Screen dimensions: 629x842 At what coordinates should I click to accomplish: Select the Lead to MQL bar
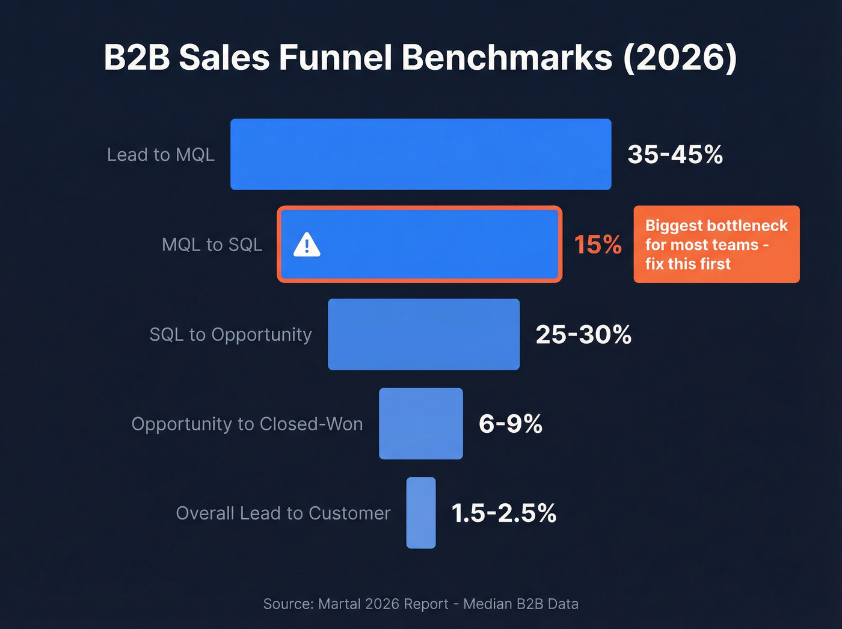tap(420, 154)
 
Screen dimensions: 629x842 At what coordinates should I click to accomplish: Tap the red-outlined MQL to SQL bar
tap(433, 244)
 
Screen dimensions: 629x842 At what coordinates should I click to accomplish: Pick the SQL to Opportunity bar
tap(423, 334)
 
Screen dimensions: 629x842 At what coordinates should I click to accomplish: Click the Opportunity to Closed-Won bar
tap(420, 423)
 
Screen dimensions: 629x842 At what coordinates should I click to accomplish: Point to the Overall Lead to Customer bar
tap(420, 513)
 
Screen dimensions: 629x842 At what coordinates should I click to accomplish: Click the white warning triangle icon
tap(307, 245)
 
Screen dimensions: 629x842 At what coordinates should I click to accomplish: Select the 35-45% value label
tap(675, 155)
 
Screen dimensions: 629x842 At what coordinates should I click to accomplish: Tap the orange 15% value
tap(597, 244)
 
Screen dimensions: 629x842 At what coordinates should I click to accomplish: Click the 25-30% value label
tap(583, 335)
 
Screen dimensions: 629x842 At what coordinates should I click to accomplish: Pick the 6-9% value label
tap(510, 424)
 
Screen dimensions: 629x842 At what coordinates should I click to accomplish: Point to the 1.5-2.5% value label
tap(503, 513)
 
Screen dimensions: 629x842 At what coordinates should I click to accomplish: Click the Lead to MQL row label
tap(161, 155)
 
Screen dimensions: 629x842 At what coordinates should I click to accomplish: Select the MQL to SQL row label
tap(212, 244)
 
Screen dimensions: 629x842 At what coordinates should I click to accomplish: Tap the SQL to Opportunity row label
tap(230, 335)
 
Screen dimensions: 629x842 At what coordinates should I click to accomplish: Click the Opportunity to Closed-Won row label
tap(247, 424)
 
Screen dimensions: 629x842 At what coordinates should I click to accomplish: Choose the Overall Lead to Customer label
tap(283, 513)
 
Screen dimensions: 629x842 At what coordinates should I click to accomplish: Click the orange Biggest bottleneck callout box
tap(716, 244)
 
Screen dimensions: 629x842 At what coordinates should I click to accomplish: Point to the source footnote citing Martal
tap(420, 604)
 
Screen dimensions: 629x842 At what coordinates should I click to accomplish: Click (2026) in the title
tap(680, 58)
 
